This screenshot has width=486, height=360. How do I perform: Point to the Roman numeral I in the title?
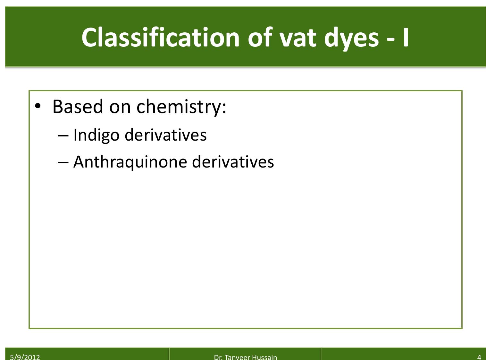point(406,37)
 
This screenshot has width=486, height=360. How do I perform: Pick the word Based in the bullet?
point(78,106)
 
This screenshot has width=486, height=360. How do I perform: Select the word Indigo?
point(96,135)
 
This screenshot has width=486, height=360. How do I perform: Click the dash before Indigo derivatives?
point(63,135)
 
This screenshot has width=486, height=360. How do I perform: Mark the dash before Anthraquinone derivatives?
point(63,162)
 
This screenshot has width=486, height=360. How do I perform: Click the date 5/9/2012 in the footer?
point(25,357)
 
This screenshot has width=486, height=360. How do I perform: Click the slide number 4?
point(479,357)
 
